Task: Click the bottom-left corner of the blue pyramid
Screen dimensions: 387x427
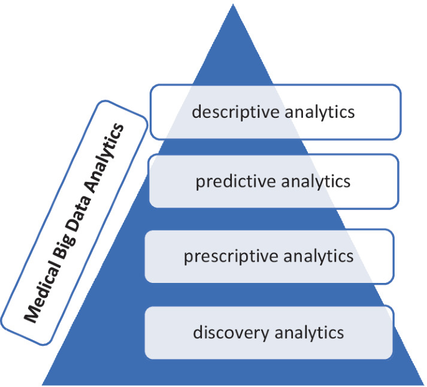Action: click(x=42, y=383)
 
